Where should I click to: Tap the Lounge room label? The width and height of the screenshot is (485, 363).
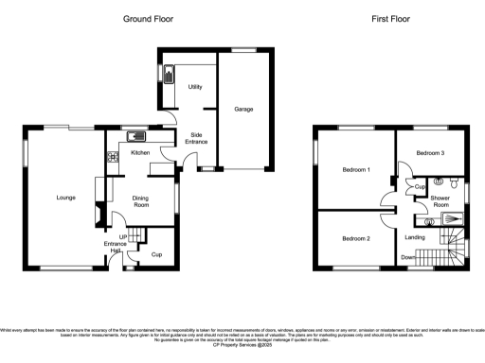[x=65, y=199]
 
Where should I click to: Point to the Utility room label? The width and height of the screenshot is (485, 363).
[x=197, y=86]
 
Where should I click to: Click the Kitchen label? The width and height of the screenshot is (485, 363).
[x=140, y=152]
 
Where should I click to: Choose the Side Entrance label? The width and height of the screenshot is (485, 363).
[x=198, y=139]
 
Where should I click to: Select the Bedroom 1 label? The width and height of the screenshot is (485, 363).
[x=354, y=169]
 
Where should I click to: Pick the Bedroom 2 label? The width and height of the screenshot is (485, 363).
[x=355, y=238]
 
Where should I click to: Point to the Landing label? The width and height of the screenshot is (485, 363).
[x=414, y=236]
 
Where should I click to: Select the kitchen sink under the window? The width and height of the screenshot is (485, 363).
[x=134, y=135]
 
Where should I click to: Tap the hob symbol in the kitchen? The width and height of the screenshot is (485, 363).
[x=111, y=157]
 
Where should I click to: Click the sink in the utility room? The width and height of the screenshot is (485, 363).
[x=171, y=74]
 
